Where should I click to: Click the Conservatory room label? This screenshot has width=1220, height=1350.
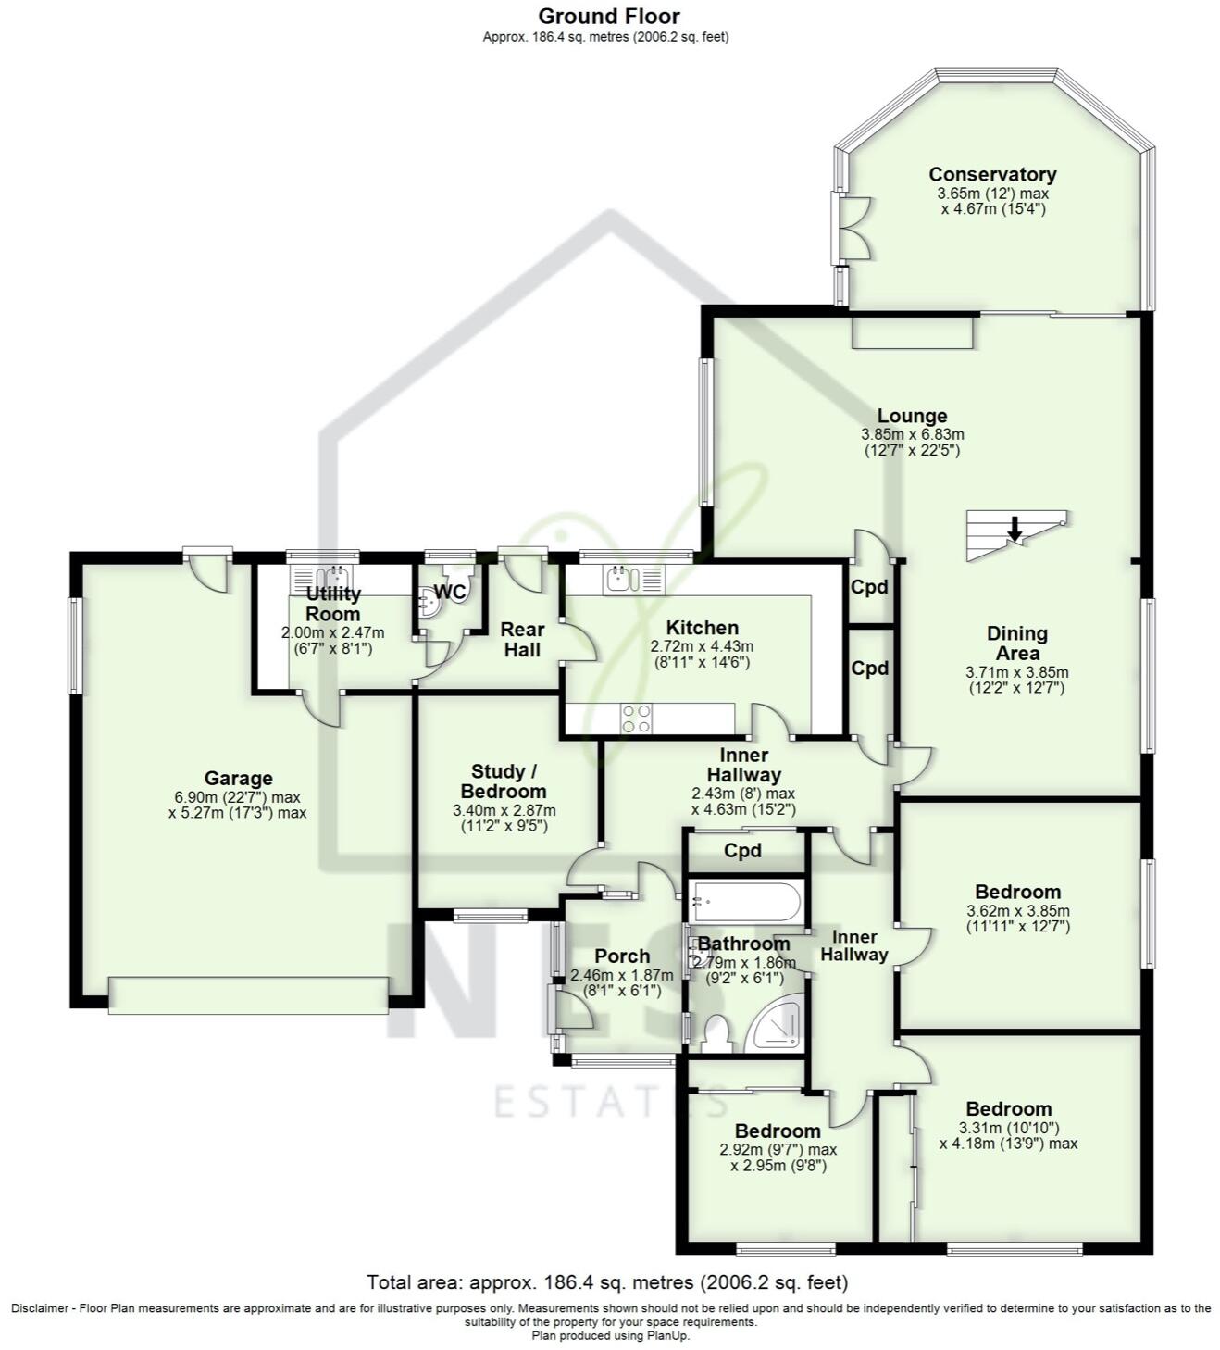992,174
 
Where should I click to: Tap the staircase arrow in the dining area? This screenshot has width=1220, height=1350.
1015,529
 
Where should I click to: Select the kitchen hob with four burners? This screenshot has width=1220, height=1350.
635,719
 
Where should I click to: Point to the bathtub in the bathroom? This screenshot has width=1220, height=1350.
745,900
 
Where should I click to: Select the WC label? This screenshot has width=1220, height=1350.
449,592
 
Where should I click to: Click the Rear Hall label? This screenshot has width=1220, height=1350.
522,640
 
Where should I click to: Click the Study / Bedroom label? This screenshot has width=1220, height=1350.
504,781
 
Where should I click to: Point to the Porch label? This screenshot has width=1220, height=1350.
622,956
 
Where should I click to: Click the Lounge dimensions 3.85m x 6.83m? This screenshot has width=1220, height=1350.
912,433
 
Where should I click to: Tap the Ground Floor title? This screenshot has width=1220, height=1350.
609,16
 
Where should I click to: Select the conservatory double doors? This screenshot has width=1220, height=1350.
853,229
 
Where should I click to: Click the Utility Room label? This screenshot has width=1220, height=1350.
333,604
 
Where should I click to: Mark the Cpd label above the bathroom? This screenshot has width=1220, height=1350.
742,850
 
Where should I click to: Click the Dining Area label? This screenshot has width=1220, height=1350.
1016,643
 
